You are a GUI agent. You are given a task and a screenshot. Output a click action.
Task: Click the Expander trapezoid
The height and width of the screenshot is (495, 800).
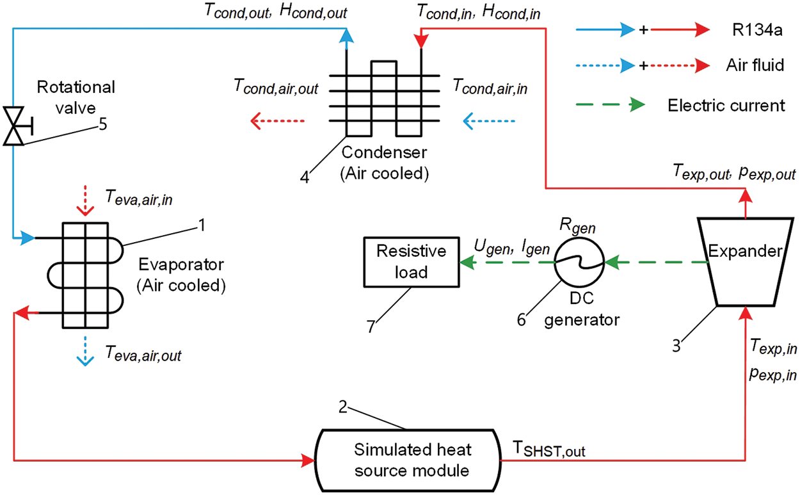click(745, 262)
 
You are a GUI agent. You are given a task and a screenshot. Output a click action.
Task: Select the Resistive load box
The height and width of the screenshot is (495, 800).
click(410, 262)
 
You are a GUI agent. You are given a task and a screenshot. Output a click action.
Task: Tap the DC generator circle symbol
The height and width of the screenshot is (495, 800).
click(579, 263)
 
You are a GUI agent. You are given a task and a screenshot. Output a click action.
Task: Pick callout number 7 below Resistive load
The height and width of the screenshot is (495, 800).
click(371, 325)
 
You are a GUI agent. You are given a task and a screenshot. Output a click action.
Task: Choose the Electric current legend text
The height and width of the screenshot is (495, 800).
click(726, 105)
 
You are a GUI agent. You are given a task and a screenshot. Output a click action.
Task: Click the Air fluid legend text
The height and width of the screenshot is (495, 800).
click(755, 65)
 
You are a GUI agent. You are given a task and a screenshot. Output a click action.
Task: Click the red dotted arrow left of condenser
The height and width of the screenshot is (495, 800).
click(277, 120)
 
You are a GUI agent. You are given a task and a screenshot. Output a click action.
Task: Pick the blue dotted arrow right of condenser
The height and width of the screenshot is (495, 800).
click(489, 120)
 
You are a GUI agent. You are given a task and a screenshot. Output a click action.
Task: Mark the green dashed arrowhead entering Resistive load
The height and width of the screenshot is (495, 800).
click(467, 262)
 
